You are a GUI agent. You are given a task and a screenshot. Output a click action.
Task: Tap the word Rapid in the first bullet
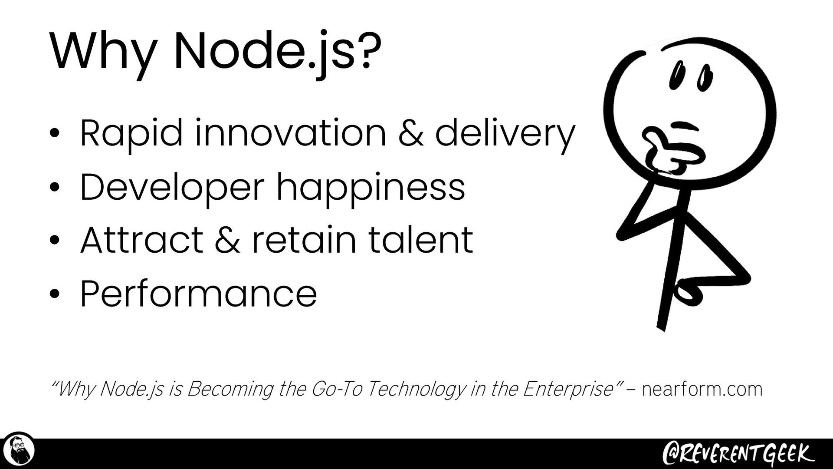pyautogui.click(x=131, y=134)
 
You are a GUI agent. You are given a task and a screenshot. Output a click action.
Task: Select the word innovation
pyautogui.click(x=290, y=133)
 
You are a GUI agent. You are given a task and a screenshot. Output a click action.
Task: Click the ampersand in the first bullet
pyautogui.click(x=410, y=134)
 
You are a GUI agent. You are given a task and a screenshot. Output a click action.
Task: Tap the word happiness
pyautogui.click(x=371, y=188)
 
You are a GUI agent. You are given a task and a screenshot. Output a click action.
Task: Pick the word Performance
pyautogui.click(x=199, y=294)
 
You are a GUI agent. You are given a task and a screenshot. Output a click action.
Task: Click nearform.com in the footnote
pyautogui.click(x=702, y=389)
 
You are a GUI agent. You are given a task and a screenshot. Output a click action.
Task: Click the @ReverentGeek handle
pyautogui.click(x=735, y=453)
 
